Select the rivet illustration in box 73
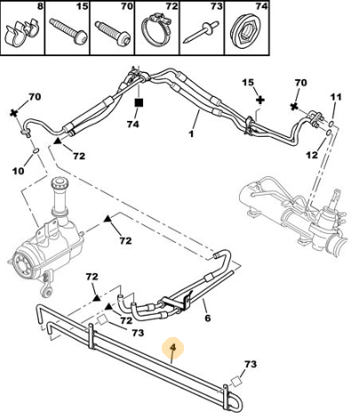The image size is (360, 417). pyautogui.click(x=201, y=32)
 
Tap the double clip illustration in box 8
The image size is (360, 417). pyautogui.click(x=22, y=32)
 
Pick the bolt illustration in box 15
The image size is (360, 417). pyautogui.click(x=68, y=31)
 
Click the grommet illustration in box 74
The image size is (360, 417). pyautogui.click(x=245, y=31)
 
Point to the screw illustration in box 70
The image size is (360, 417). pyautogui.click(x=113, y=33)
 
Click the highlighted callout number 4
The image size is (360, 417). pyautogui.click(x=173, y=347)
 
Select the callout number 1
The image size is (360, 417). pyautogui.click(x=191, y=133)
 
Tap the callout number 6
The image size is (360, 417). pyautogui.click(x=207, y=317)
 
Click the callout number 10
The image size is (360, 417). pyautogui.click(x=19, y=171)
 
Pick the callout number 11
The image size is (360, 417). pyautogui.click(x=336, y=97)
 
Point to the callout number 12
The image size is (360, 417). pyautogui.click(x=312, y=155)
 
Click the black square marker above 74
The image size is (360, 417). pyautogui.click(x=139, y=103)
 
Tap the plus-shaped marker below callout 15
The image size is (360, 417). pyautogui.click(x=260, y=100)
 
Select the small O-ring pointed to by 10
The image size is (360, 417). pyautogui.click(x=36, y=151)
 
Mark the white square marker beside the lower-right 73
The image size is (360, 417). pyautogui.click(x=236, y=381)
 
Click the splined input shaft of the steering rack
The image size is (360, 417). pyautogui.click(x=335, y=197)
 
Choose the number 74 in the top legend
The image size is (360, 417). pyautogui.click(x=261, y=6)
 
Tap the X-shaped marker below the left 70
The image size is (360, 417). pyautogui.click(x=13, y=113)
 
